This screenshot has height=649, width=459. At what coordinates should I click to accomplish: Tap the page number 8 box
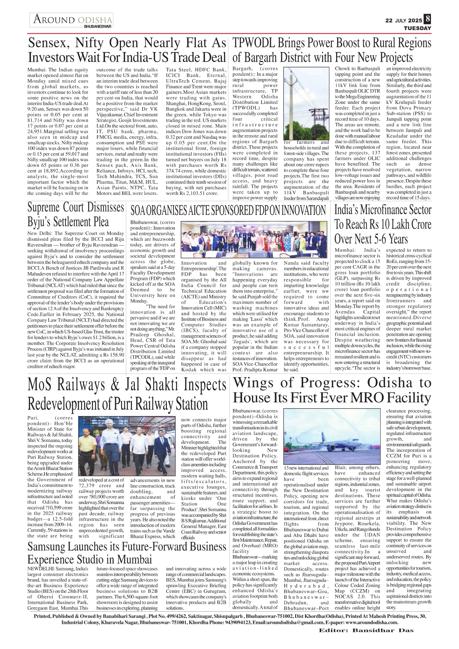428,18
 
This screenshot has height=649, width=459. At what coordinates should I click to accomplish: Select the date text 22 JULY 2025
403,21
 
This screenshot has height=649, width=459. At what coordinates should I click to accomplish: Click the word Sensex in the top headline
49,43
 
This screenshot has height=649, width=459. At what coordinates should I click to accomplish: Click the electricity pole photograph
306,102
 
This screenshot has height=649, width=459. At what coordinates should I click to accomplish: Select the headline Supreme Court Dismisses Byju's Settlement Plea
76,214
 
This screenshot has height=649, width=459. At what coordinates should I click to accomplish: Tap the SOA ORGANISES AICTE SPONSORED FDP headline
228,211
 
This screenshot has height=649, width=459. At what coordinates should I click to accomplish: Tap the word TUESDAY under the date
417,28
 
